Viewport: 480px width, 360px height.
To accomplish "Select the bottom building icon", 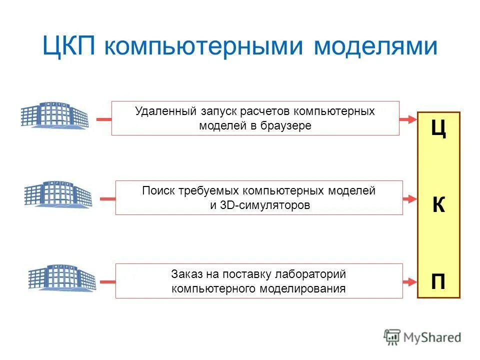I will click(x=61, y=277).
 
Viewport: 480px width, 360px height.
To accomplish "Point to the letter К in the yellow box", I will click(x=438, y=205).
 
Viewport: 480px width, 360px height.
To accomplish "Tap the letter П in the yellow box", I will click(x=438, y=282).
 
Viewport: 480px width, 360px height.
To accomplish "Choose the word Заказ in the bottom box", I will click(x=185, y=274).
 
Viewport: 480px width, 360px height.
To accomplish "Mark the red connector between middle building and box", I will click(x=107, y=198).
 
